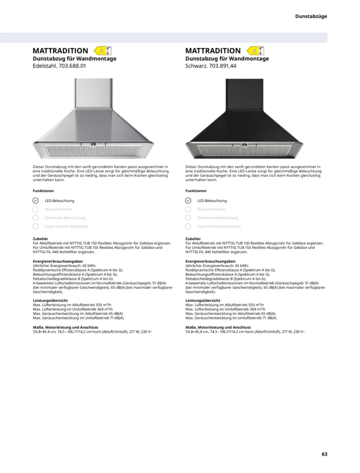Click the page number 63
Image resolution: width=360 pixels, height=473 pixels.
[324, 454]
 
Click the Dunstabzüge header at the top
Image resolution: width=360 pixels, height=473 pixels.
[311, 16]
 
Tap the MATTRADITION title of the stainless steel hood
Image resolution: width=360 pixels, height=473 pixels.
[60, 51]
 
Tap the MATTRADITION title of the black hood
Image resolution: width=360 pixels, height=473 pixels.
[213, 51]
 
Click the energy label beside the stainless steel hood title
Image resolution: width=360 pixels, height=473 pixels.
[103, 51]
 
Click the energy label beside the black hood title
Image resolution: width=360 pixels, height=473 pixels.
[255, 51]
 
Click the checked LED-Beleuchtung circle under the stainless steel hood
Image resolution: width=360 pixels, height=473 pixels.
[36, 201]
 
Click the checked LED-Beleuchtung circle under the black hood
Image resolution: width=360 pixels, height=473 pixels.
[188, 201]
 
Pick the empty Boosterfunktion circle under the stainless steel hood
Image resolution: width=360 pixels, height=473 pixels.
[36, 209]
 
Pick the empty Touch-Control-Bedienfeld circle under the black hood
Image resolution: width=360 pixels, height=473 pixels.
[188, 226]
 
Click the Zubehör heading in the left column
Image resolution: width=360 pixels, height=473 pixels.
[40, 239]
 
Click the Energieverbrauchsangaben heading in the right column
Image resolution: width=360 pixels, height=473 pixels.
[210, 261]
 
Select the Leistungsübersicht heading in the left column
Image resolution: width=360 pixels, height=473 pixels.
[50, 300]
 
